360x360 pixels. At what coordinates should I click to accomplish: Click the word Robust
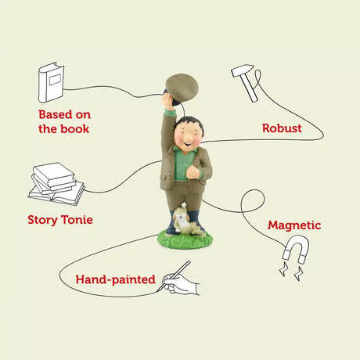[x=282, y=128]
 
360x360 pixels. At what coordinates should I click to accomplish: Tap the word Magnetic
[x=294, y=225]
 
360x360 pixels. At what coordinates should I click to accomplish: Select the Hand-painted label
[x=115, y=279]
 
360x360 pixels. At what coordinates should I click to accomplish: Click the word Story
[x=42, y=220]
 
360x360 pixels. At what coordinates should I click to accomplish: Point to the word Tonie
[x=77, y=220]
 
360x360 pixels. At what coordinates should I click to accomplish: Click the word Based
[x=56, y=114]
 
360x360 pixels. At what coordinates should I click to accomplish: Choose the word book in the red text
[x=76, y=129]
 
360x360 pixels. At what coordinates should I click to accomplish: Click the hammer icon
[x=243, y=82]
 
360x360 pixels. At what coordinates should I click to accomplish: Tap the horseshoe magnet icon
[x=296, y=249]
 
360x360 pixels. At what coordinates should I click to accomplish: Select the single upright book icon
[x=51, y=82]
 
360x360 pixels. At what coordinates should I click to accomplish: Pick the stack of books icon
[x=56, y=184]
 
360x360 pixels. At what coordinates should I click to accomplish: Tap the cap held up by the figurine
[x=182, y=89]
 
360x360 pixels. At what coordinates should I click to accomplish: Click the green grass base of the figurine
[x=185, y=240]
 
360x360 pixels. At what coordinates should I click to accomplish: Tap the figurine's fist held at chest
[x=193, y=172]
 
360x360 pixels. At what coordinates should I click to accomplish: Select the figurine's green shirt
[x=185, y=164]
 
